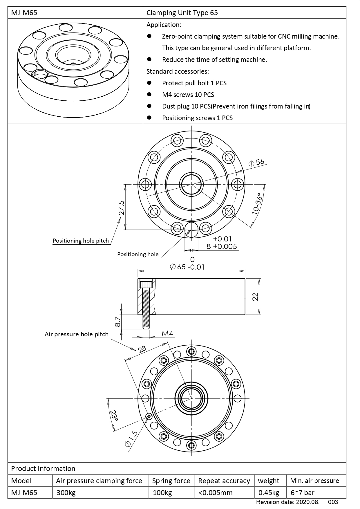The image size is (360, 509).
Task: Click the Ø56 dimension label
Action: (x=257, y=163)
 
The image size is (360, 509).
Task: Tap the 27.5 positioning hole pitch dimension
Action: (x=121, y=208)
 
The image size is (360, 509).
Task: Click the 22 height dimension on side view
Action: (x=255, y=296)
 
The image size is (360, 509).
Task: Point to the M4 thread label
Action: (x=167, y=333)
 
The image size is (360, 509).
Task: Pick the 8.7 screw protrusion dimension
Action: (x=117, y=322)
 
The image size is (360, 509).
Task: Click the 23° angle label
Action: (x=114, y=416)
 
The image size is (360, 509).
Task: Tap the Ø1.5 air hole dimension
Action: (x=131, y=439)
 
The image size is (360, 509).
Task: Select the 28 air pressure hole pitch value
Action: (x=142, y=349)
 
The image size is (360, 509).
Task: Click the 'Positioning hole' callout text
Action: (x=138, y=255)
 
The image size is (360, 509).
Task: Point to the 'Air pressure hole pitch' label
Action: (x=76, y=334)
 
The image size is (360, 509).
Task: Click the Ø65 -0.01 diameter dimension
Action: (x=187, y=267)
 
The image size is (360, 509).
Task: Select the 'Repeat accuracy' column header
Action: (x=224, y=481)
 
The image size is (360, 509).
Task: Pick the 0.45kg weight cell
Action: (x=269, y=492)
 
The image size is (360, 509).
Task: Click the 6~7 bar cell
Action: (x=302, y=492)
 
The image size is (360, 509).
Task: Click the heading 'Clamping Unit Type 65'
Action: (x=182, y=13)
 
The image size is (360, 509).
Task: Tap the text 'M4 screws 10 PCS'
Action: (x=188, y=95)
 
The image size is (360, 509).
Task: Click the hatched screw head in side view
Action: (x=146, y=283)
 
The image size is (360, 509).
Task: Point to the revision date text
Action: (x=287, y=502)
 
